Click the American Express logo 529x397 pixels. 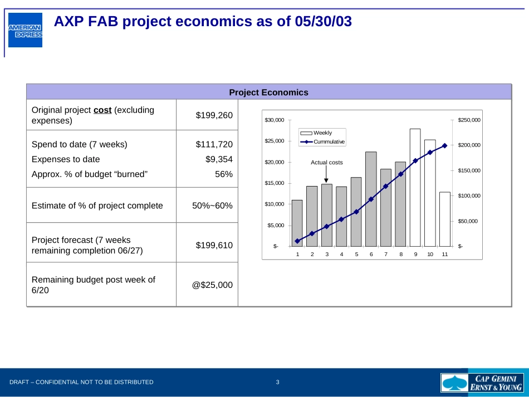pos(25,30)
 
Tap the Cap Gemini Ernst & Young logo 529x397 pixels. pos(482,383)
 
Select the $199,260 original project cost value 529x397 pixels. pos(214,115)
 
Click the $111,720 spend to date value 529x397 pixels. pos(214,145)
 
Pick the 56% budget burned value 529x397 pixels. pos(224,174)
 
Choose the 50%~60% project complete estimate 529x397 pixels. pos(212,205)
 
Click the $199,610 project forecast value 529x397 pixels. pos(214,245)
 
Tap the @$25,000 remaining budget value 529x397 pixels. pos(212,285)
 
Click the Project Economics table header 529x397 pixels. pos(268,92)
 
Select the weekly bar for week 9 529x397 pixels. pos(415,188)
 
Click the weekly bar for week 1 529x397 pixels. pos(297,223)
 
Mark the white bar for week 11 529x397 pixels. pos(444,219)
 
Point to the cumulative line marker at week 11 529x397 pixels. pos(444,146)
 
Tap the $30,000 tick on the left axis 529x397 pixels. pos(274,120)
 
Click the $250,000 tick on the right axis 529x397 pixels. pos(469,120)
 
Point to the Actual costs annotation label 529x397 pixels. pos(327,163)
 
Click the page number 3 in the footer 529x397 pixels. pos(277,382)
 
